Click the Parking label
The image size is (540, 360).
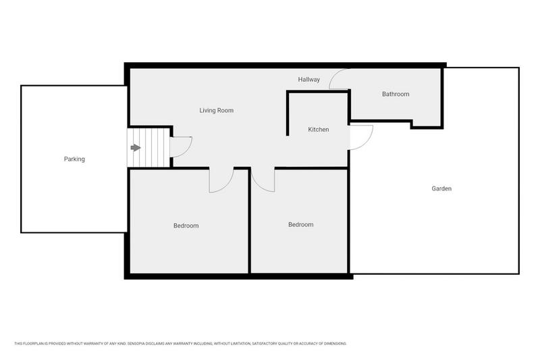[x=74, y=159]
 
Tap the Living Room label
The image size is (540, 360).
[x=216, y=110]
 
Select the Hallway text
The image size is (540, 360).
[x=309, y=80]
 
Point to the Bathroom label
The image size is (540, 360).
[x=396, y=94]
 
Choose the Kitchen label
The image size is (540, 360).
[x=319, y=129]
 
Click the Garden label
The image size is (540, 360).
[x=441, y=188]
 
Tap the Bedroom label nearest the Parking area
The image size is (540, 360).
[x=186, y=226]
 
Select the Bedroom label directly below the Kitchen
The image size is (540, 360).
[x=300, y=224]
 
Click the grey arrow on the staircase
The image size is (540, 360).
[x=136, y=147]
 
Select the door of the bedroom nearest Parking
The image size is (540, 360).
[x=220, y=180]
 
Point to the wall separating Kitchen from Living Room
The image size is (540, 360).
[x=288, y=115]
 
